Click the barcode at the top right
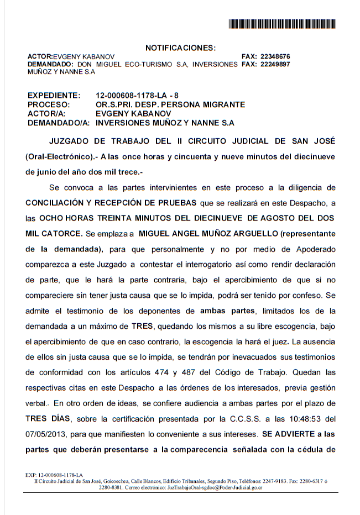coord(282,24)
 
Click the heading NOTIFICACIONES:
coord(180,48)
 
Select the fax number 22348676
coord(275,56)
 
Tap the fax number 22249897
coord(275,64)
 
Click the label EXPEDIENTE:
coord(54,96)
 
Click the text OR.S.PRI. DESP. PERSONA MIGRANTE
coord(170,104)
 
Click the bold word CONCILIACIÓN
coord(59,203)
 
